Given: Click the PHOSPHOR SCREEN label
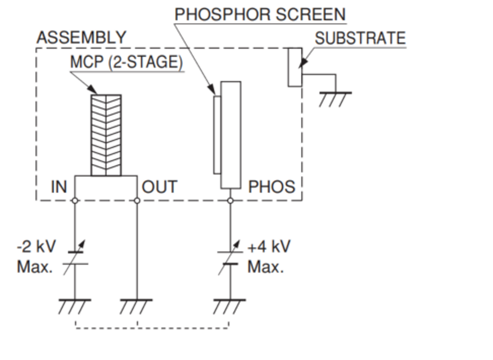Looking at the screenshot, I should [260, 14].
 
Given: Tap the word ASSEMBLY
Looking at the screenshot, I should [81, 38].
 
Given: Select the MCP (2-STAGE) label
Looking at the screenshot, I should [127, 62].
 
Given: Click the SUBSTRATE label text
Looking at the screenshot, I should [360, 38].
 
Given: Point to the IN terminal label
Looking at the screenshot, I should [59, 187].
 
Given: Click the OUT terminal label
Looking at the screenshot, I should [159, 187].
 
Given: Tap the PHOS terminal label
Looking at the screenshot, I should [271, 187].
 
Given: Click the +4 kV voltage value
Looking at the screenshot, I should [268, 246].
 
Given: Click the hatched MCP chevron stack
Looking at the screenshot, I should [106, 135].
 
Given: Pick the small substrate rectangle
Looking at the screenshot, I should [294, 67].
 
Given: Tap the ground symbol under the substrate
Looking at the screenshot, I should [335, 98].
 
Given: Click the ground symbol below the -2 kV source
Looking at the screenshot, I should [75, 305].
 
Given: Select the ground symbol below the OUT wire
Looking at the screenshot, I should [137, 305].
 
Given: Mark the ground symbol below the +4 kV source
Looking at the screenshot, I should [229, 305].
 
